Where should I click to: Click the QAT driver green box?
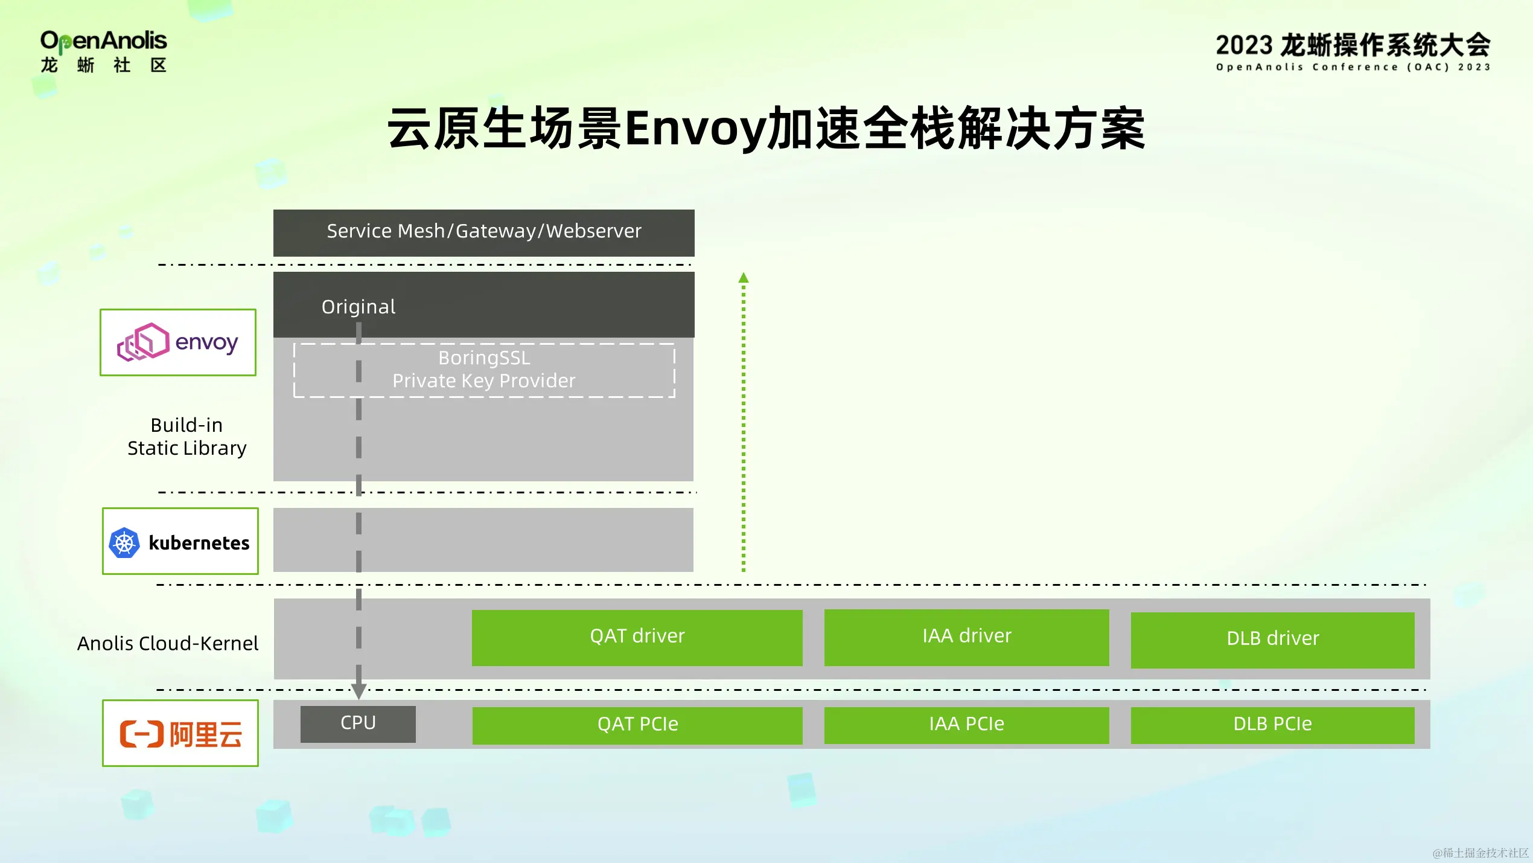point(637,637)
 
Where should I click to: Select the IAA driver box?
point(966,637)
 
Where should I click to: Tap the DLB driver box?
point(1272,640)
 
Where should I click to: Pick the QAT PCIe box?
point(637,724)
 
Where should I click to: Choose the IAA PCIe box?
point(966,724)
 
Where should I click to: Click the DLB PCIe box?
point(1272,724)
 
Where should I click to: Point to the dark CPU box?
point(358,723)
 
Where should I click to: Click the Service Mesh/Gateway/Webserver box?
point(483,232)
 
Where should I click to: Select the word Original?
point(359,307)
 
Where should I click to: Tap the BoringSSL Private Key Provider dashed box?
point(483,370)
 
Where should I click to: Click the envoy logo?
point(178,342)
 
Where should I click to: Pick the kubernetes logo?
point(180,542)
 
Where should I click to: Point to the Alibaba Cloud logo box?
point(180,733)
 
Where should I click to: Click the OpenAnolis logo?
point(103,52)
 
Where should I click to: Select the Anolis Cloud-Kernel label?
point(168,643)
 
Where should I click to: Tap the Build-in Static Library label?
point(186,436)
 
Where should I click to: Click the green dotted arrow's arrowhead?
point(744,278)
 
